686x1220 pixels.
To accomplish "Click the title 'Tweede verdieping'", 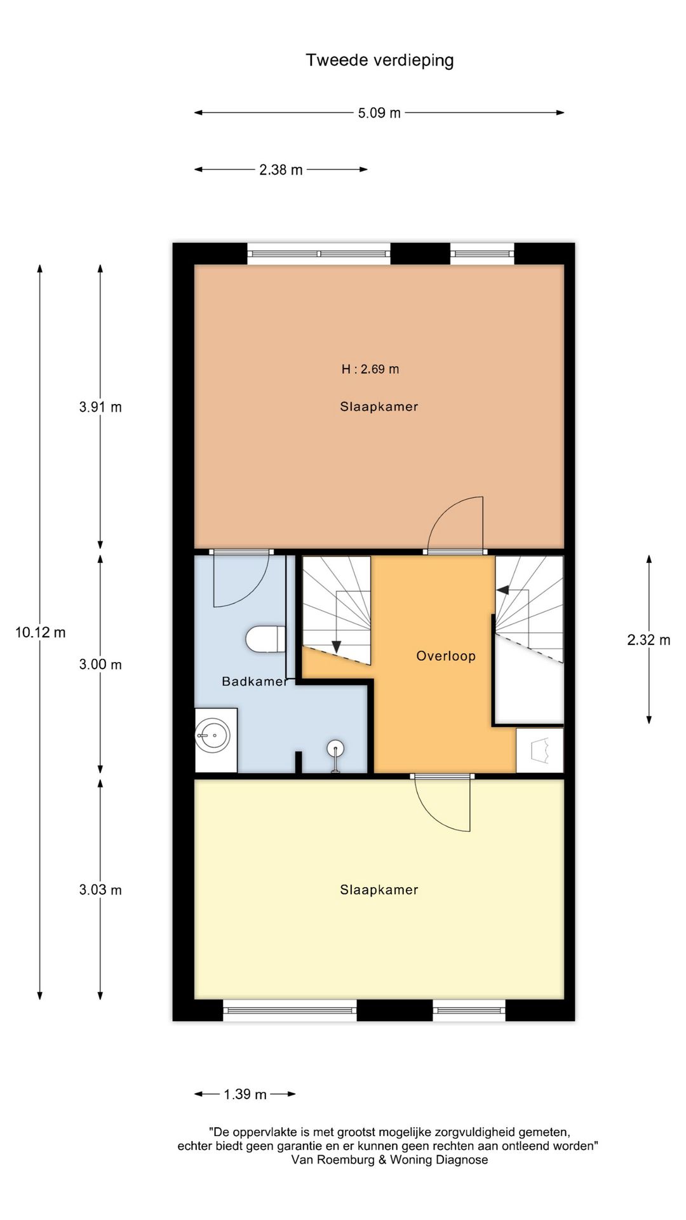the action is (x=380, y=60).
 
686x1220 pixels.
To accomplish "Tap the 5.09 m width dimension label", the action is (x=379, y=113).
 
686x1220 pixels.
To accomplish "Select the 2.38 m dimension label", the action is (x=281, y=170).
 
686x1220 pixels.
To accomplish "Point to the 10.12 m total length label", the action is (x=41, y=632).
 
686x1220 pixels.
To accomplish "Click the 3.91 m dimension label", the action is (x=100, y=407).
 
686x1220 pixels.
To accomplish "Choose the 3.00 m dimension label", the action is (x=100, y=665).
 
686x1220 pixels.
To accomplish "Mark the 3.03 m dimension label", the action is (x=100, y=890).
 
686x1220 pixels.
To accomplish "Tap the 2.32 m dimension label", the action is (x=649, y=640).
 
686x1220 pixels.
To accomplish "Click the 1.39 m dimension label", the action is (x=245, y=1094).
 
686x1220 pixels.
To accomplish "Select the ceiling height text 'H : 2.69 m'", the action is (x=370, y=369).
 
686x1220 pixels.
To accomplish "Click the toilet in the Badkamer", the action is (x=266, y=639).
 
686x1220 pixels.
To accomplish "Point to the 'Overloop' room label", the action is (x=446, y=656).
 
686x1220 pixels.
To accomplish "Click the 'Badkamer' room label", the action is (x=254, y=681).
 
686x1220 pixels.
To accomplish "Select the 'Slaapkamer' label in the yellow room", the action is (x=379, y=890).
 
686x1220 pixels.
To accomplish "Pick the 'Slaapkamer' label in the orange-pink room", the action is (x=379, y=407).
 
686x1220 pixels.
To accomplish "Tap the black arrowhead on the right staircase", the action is (x=502, y=590).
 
